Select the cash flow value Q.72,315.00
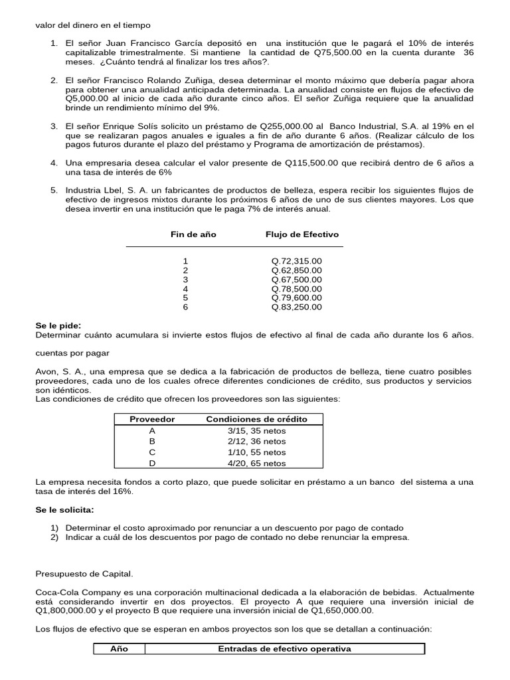[x=296, y=261]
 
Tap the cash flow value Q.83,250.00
[x=296, y=307]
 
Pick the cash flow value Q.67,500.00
[x=296, y=280]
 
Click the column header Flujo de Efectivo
[x=301, y=234]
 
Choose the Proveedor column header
[x=152, y=419]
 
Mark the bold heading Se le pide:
[x=58, y=325]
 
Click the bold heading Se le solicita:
[x=64, y=509]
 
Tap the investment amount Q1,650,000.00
[x=336, y=610]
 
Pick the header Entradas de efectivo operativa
[x=284, y=649]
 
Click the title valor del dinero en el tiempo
[x=93, y=25]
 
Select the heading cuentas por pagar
[x=72, y=353]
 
